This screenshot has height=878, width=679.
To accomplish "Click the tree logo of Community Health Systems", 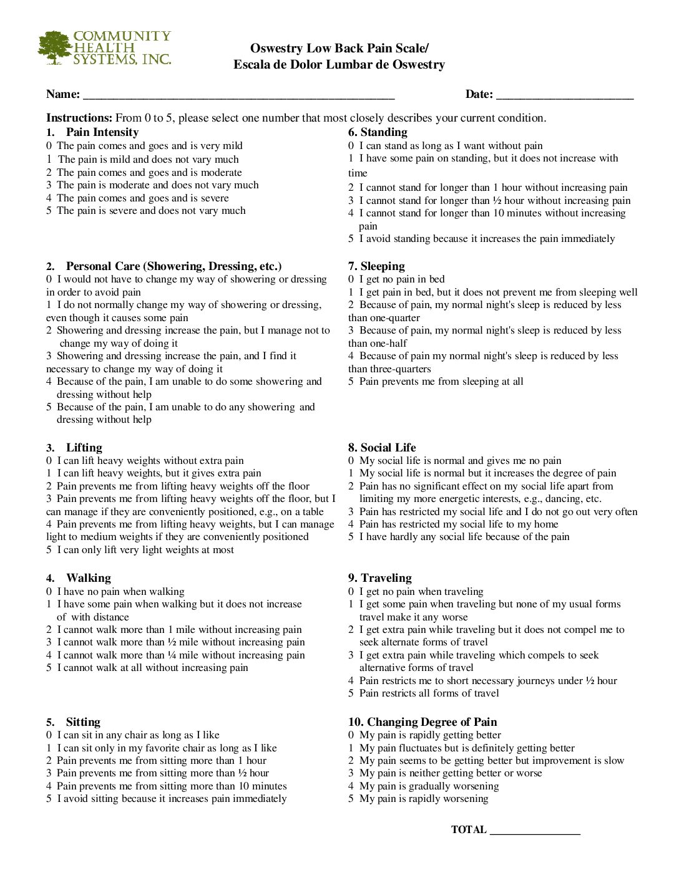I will [55, 47].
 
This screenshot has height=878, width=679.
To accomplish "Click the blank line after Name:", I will [238, 97].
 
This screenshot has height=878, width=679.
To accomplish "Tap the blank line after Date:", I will [565, 97].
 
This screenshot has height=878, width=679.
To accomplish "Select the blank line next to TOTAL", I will [535, 832].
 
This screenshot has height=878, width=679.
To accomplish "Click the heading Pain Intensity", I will [102, 132].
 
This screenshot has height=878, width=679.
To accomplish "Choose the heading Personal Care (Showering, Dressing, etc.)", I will [173, 266].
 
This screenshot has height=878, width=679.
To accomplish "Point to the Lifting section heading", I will [84, 448].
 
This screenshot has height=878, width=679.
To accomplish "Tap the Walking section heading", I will [89, 578].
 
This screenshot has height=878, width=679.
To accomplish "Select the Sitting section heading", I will [83, 722].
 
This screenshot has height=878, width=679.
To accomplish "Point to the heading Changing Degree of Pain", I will [423, 722].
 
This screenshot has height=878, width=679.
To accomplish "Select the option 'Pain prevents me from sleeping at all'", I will [441, 382].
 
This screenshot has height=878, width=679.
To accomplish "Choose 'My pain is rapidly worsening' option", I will [423, 799].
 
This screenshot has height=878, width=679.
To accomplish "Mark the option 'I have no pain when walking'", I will [120, 592].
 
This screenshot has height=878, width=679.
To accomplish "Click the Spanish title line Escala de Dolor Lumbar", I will [339, 65].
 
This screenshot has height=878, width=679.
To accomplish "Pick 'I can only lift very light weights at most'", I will [145, 550].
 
